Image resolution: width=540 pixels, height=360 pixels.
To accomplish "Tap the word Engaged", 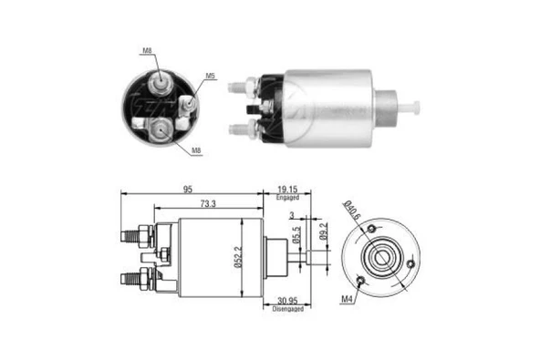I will [x=288, y=197].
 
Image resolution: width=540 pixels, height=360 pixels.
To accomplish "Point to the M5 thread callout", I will [x=210, y=77].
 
